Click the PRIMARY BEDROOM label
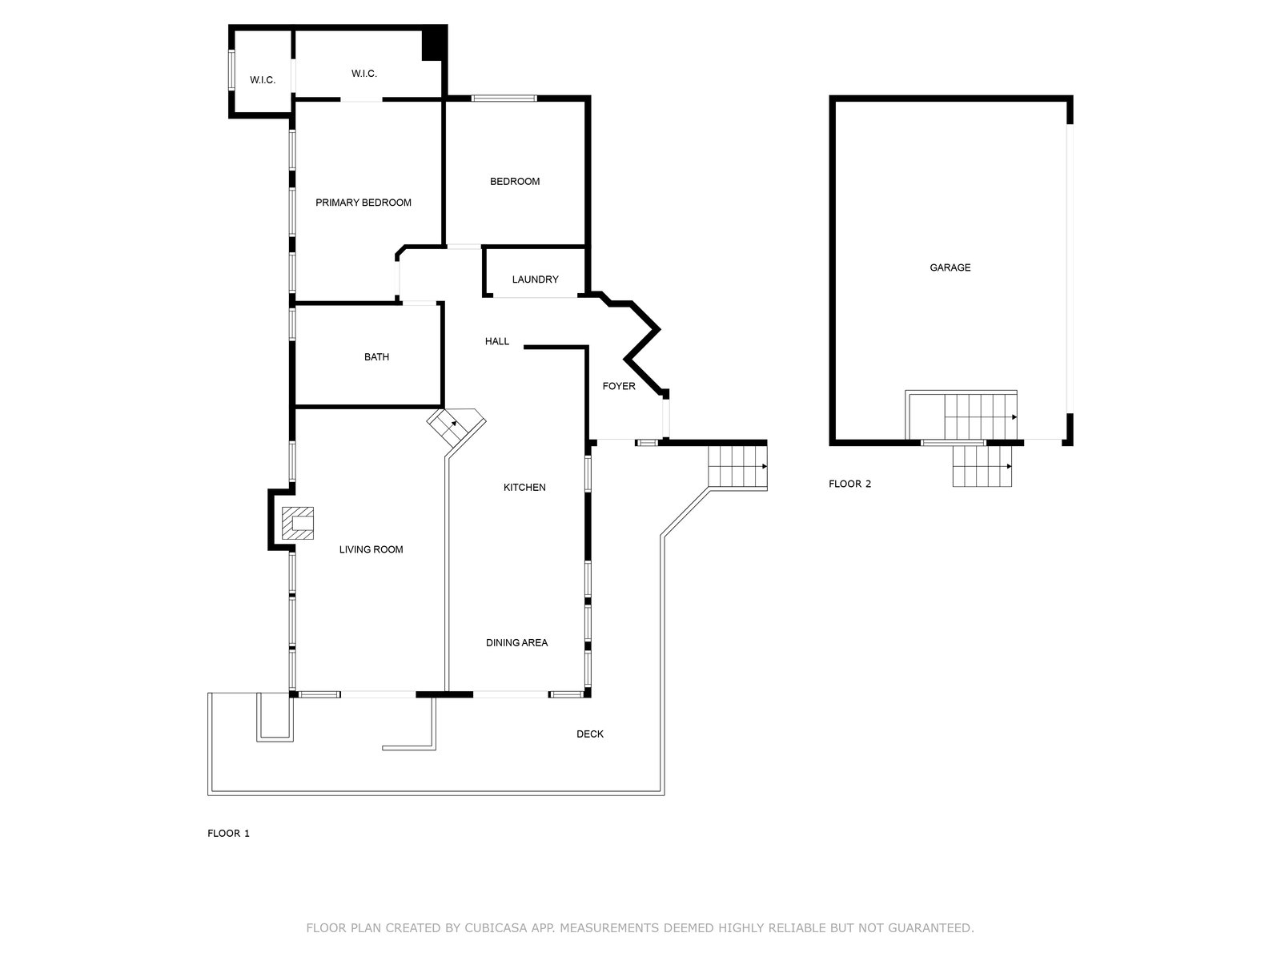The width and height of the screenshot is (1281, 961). tap(363, 203)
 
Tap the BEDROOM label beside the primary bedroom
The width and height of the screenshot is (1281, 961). tap(515, 182)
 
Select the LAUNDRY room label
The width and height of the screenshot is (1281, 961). tap(535, 279)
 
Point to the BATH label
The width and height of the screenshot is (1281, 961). tap(376, 357)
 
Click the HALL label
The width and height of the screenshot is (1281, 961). tap(497, 341)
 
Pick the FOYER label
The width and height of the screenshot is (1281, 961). tap(619, 386)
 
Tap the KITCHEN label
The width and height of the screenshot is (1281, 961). tap(524, 487)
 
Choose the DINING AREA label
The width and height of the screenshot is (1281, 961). tap(517, 643)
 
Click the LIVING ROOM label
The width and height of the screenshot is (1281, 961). tap(371, 549)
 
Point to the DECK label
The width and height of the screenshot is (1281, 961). tap(590, 734)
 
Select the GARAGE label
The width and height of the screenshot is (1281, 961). tap(950, 267)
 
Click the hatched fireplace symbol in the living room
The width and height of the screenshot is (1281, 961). tap(298, 524)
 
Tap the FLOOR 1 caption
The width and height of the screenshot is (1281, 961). tap(228, 833)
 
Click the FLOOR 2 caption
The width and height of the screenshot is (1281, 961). tap(849, 484)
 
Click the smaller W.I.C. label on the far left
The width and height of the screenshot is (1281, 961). tap(263, 80)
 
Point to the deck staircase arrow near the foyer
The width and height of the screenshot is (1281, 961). tap(737, 466)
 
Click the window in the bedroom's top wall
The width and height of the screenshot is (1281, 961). tap(504, 98)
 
